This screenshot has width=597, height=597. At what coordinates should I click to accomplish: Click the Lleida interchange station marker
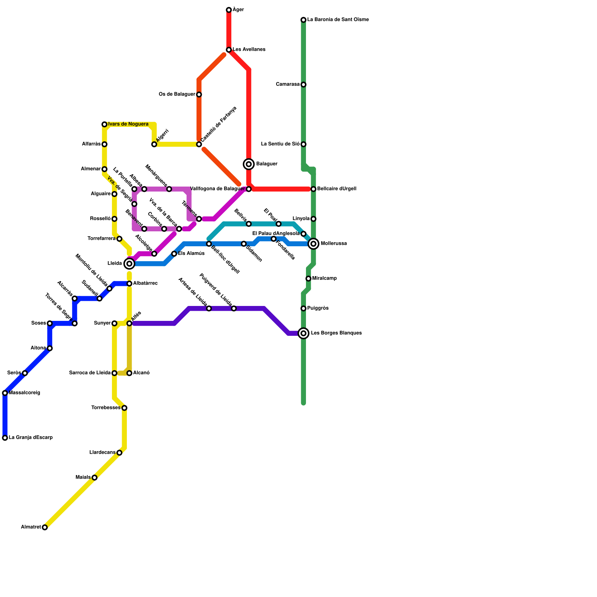pos(129,264)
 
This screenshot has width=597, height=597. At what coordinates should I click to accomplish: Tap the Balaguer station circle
pos(249,164)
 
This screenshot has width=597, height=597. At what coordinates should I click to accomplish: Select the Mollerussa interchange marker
pos(314,244)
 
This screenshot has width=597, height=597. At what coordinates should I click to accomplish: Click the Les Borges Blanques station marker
pos(304,333)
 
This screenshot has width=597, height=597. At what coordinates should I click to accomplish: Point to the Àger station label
pos(238,10)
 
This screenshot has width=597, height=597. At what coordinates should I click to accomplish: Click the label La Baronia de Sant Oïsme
pos(338,20)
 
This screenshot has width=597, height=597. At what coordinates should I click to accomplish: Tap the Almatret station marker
pos(45,527)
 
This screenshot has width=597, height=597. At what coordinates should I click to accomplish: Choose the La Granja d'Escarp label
pos(31,438)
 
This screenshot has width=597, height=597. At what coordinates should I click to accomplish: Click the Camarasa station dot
pos(304,85)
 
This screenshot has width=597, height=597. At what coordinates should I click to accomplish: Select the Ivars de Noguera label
pos(128,124)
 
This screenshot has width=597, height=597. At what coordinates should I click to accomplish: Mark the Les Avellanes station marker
pos(229,50)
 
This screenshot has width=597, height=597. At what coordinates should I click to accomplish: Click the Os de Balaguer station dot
pos(199,94)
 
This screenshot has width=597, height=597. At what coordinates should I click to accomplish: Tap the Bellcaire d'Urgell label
pos(337,189)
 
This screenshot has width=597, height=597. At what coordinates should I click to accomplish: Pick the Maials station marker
pos(94,478)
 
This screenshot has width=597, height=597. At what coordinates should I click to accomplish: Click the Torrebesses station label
pos(106,408)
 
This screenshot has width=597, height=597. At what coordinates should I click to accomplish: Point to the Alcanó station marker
pos(129,373)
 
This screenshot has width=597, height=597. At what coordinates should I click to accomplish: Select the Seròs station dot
pos(25,373)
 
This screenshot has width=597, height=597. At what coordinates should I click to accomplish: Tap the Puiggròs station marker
pos(304,309)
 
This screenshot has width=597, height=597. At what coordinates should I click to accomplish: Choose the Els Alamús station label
pos(191,254)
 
